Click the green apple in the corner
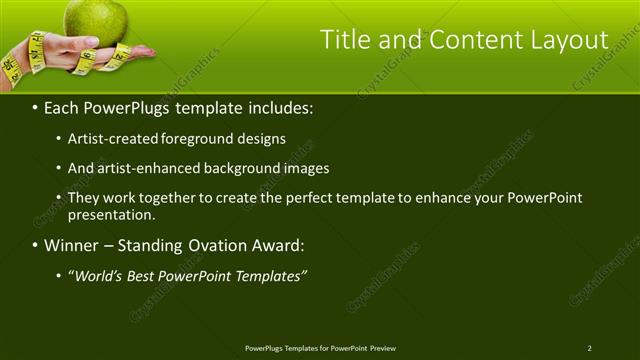pos(96,18)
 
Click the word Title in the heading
pos(342,40)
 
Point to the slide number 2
pos(590,348)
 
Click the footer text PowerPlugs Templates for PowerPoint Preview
pos(320,348)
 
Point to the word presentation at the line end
pos(111,214)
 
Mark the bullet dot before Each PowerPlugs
pos(36,106)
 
